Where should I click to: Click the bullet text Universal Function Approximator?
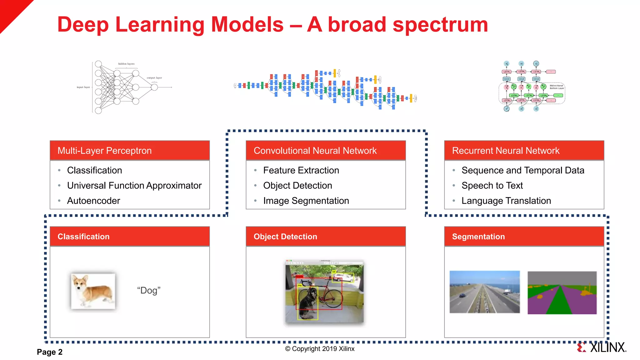[134, 186]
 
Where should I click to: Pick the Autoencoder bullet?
[93, 201]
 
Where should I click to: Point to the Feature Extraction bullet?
[301, 170]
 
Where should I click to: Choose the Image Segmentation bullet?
[306, 201]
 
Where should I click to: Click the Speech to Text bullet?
[492, 186]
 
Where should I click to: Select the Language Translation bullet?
[506, 201]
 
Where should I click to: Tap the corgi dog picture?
[93, 291]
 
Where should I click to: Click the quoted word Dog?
[149, 290]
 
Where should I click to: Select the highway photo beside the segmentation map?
[484, 292]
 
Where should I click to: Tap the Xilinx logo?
[602, 347]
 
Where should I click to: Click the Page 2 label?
[50, 352]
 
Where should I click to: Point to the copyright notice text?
[320, 349]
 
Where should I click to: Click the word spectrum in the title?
[440, 25]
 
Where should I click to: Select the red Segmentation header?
[478, 237]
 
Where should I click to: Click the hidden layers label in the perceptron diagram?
[126, 64]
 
